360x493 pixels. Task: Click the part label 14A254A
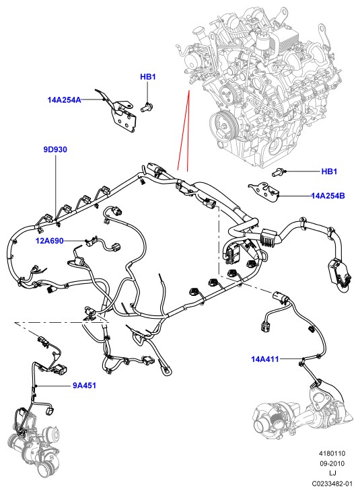[64, 100]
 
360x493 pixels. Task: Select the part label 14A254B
[328, 196]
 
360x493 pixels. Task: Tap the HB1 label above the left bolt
[148, 77]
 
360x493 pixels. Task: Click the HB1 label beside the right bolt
[329, 172]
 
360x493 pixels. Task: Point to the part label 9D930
[55, 149]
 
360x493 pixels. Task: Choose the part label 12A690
[50, 241]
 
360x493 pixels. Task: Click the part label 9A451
[84, 385]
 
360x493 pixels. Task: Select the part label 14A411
[265, 358]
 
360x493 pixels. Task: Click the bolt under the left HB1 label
[146, 107]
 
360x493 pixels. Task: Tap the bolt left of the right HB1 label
[278, 172]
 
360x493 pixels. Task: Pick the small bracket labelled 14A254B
[264, 192]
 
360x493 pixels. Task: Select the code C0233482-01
[332, 484]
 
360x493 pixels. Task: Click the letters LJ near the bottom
[332, 473]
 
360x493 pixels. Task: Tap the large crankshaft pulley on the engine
[224, 125]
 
